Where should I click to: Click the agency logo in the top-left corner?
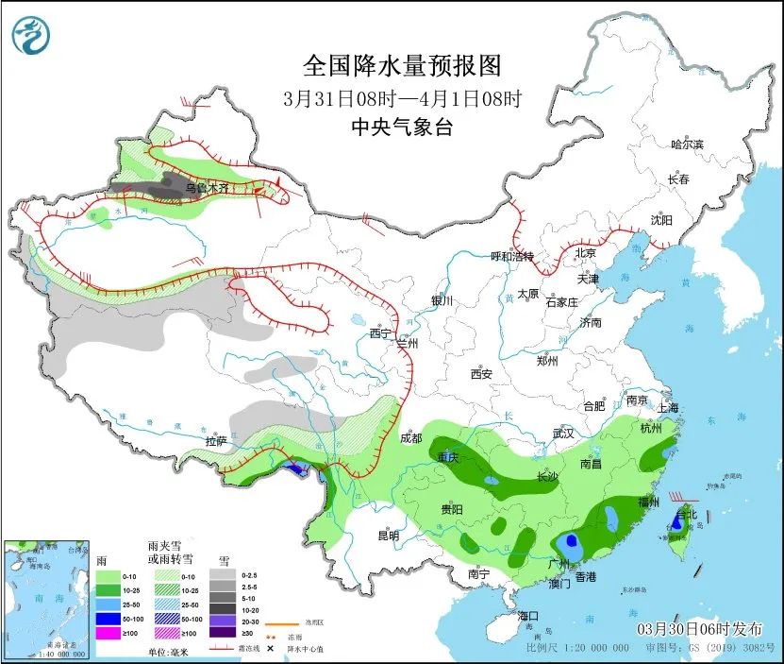[31, 35]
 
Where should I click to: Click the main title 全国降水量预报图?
[401, 65]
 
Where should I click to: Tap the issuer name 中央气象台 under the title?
[401, 128]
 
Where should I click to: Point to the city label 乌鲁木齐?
[207, 188]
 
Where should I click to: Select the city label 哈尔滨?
[687, 144]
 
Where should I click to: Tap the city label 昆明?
[388, 536]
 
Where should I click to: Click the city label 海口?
[529, 616]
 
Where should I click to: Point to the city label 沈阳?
[661, 220]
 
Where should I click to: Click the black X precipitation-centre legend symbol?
[269, 649]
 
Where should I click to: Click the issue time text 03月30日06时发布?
[694, 628]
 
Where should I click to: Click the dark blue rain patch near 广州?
[567, 542]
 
